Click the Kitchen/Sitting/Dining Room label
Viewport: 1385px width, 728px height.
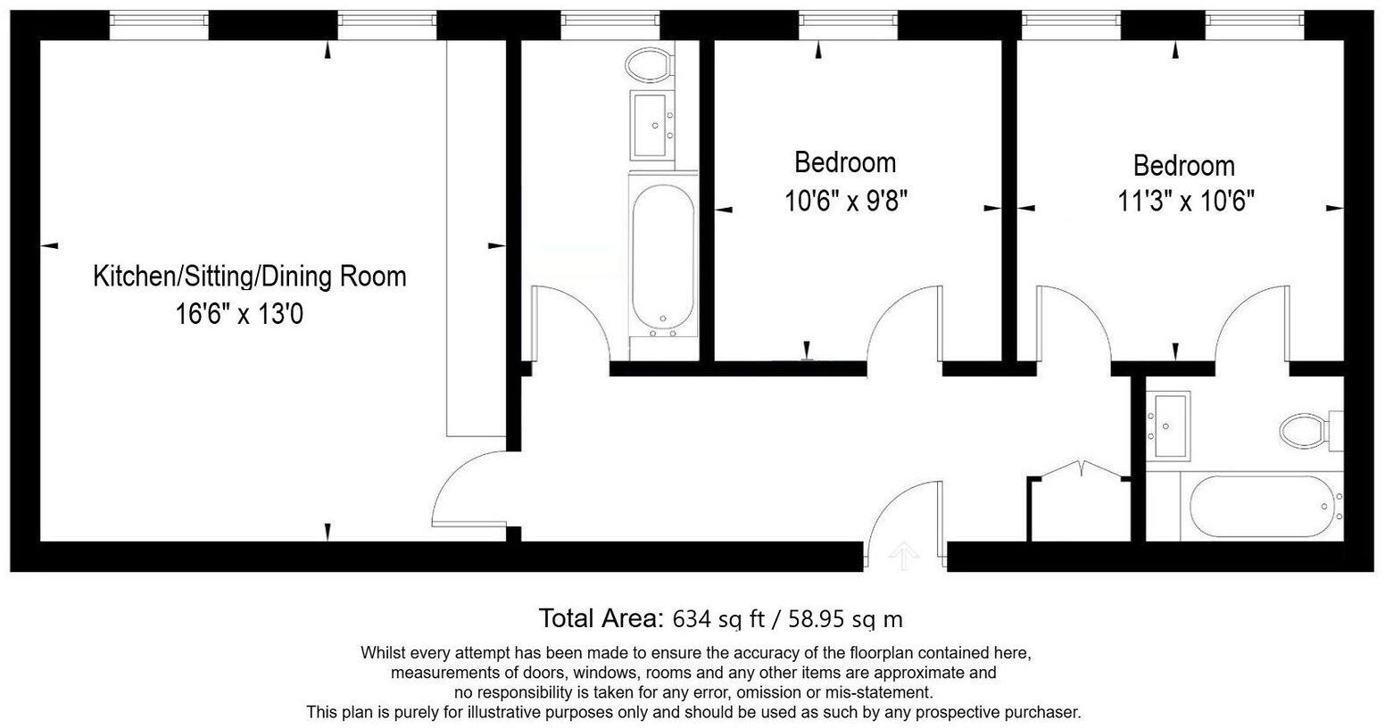(x=250, y=276)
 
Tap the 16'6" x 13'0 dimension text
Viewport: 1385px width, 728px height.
(x=239, y=314)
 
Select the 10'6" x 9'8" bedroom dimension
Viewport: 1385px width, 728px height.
(x=845, y=201)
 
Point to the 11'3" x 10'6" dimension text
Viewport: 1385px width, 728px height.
(x=1186, y=201)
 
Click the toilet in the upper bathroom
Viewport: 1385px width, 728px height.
(x=650, y=65)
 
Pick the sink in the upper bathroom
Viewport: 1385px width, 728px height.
(x=651, y=125)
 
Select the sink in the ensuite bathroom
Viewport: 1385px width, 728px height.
(x=1168, y=426)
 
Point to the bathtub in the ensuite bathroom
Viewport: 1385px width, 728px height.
(x=1262, y=507)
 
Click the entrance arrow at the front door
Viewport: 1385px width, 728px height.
(x=903, y=555)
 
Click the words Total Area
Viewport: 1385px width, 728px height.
(x=601, y=618)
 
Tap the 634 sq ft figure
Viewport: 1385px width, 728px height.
(x=718, y=618)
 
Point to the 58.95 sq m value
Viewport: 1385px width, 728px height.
(x=845, y=618)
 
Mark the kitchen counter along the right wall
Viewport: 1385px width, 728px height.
(x=477, y=238)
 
